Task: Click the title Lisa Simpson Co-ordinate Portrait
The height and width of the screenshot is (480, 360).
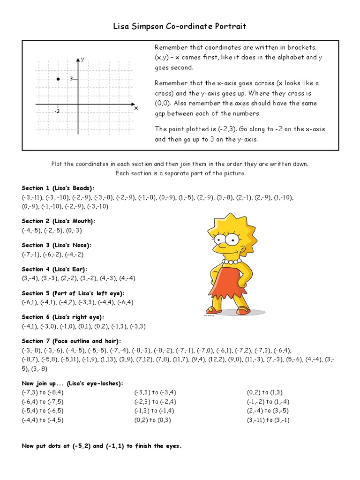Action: pos(180,27)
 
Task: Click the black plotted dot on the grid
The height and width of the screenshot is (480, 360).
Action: pos(58,79)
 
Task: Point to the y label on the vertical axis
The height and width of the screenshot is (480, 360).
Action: pos(82,60)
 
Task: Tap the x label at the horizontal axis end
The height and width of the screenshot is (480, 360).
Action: pos(136,108)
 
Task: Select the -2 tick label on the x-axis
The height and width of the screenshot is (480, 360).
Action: pos(57,112)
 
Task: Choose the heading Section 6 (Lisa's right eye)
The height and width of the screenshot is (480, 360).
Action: pos(63,317)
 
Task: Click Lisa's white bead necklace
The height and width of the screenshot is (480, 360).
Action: pos(232,262)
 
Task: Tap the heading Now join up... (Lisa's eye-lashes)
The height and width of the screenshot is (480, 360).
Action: pos(73,383)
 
